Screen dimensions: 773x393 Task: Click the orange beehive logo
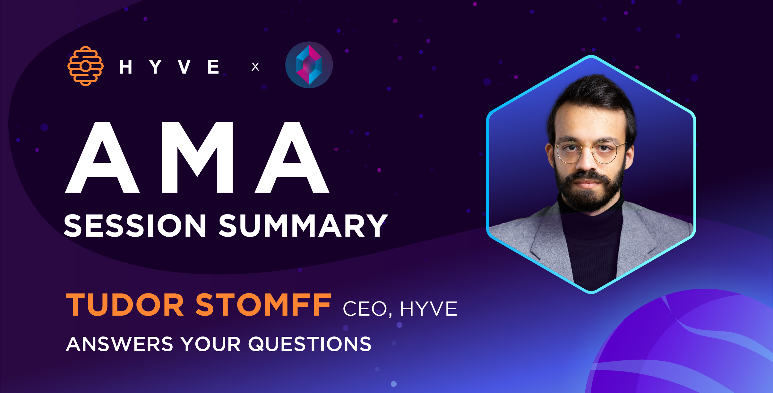(x=85, y=66)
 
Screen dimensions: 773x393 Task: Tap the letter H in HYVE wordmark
(x=126, y=67)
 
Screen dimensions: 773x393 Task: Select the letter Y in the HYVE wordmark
(x=155, y=67)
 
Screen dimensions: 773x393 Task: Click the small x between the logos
(x=255, y=67)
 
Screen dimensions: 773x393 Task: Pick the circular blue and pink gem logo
(x=309, y=65)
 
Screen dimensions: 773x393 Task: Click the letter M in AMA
(x=197, y=157)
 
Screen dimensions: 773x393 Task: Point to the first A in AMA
(x=102, y=157)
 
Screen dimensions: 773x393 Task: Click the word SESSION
(x=135, y=226)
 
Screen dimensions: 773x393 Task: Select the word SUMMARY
(x=303, y=226)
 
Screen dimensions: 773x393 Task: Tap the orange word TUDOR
(x=125, y=305)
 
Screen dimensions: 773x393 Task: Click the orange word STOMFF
(x=263, y=305)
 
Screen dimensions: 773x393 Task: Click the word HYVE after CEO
(x=428, y=309)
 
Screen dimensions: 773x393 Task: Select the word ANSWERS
(x=119, y=344)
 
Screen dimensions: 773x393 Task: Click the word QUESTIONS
(x=310, y=344)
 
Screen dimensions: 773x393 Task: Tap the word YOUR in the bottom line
(x=210, y=344)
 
